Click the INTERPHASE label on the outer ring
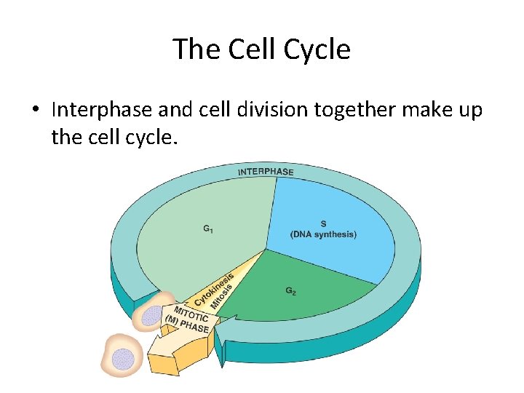point(266,172)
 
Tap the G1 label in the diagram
point(208,229)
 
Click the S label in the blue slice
point(323,223)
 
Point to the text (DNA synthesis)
point(323,234)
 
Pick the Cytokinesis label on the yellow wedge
point(213,289)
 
